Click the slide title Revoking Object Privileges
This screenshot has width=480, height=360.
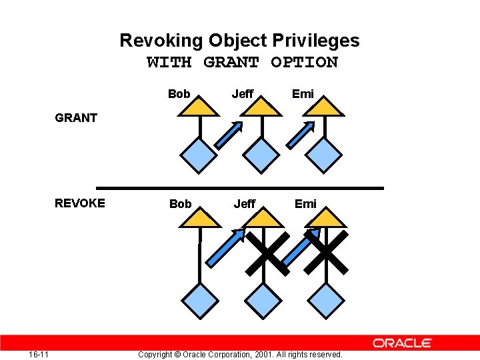[x=239, y=41]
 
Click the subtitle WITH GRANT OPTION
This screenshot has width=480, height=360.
[x=242, y=63]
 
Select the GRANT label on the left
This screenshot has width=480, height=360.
[x=76, y=118]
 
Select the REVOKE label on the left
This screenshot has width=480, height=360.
[x=80, y=203]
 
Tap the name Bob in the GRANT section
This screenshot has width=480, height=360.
[x=179, y=94]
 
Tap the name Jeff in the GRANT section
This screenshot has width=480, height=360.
[x=242, y=94]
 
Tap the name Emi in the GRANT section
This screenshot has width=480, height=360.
[x=303, y=94]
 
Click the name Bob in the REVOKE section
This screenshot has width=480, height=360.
[x=180, y=204]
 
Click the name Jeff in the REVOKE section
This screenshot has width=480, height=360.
[x=244, y=204]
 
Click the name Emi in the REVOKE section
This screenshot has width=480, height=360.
[x=305, y=204]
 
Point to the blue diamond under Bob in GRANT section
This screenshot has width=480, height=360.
[x=199, y=156]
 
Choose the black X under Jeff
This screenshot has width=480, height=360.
[x=265, y=253]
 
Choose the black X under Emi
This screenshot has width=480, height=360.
[x=327, y=253]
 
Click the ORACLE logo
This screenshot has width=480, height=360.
[x=402, y=343]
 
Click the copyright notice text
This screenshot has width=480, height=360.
[x=240, y=354]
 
